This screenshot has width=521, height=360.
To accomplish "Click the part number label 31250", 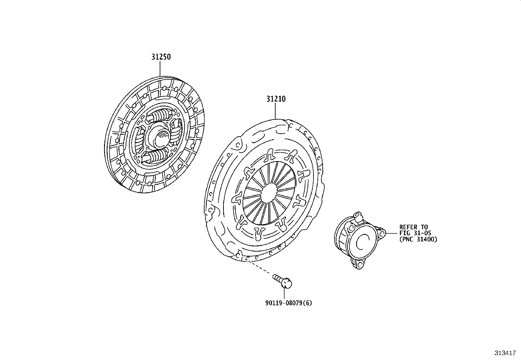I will pos(161,57).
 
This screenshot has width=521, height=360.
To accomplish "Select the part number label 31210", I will pos(276,99).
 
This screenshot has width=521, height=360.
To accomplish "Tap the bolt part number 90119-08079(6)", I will pos(288,303).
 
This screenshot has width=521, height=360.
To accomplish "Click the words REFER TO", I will pos(413,227).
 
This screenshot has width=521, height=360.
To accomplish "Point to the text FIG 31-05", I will pos(415,233).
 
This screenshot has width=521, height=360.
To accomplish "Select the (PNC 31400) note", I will pos(418,239).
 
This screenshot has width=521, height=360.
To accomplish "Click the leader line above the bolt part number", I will pos(284,293).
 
